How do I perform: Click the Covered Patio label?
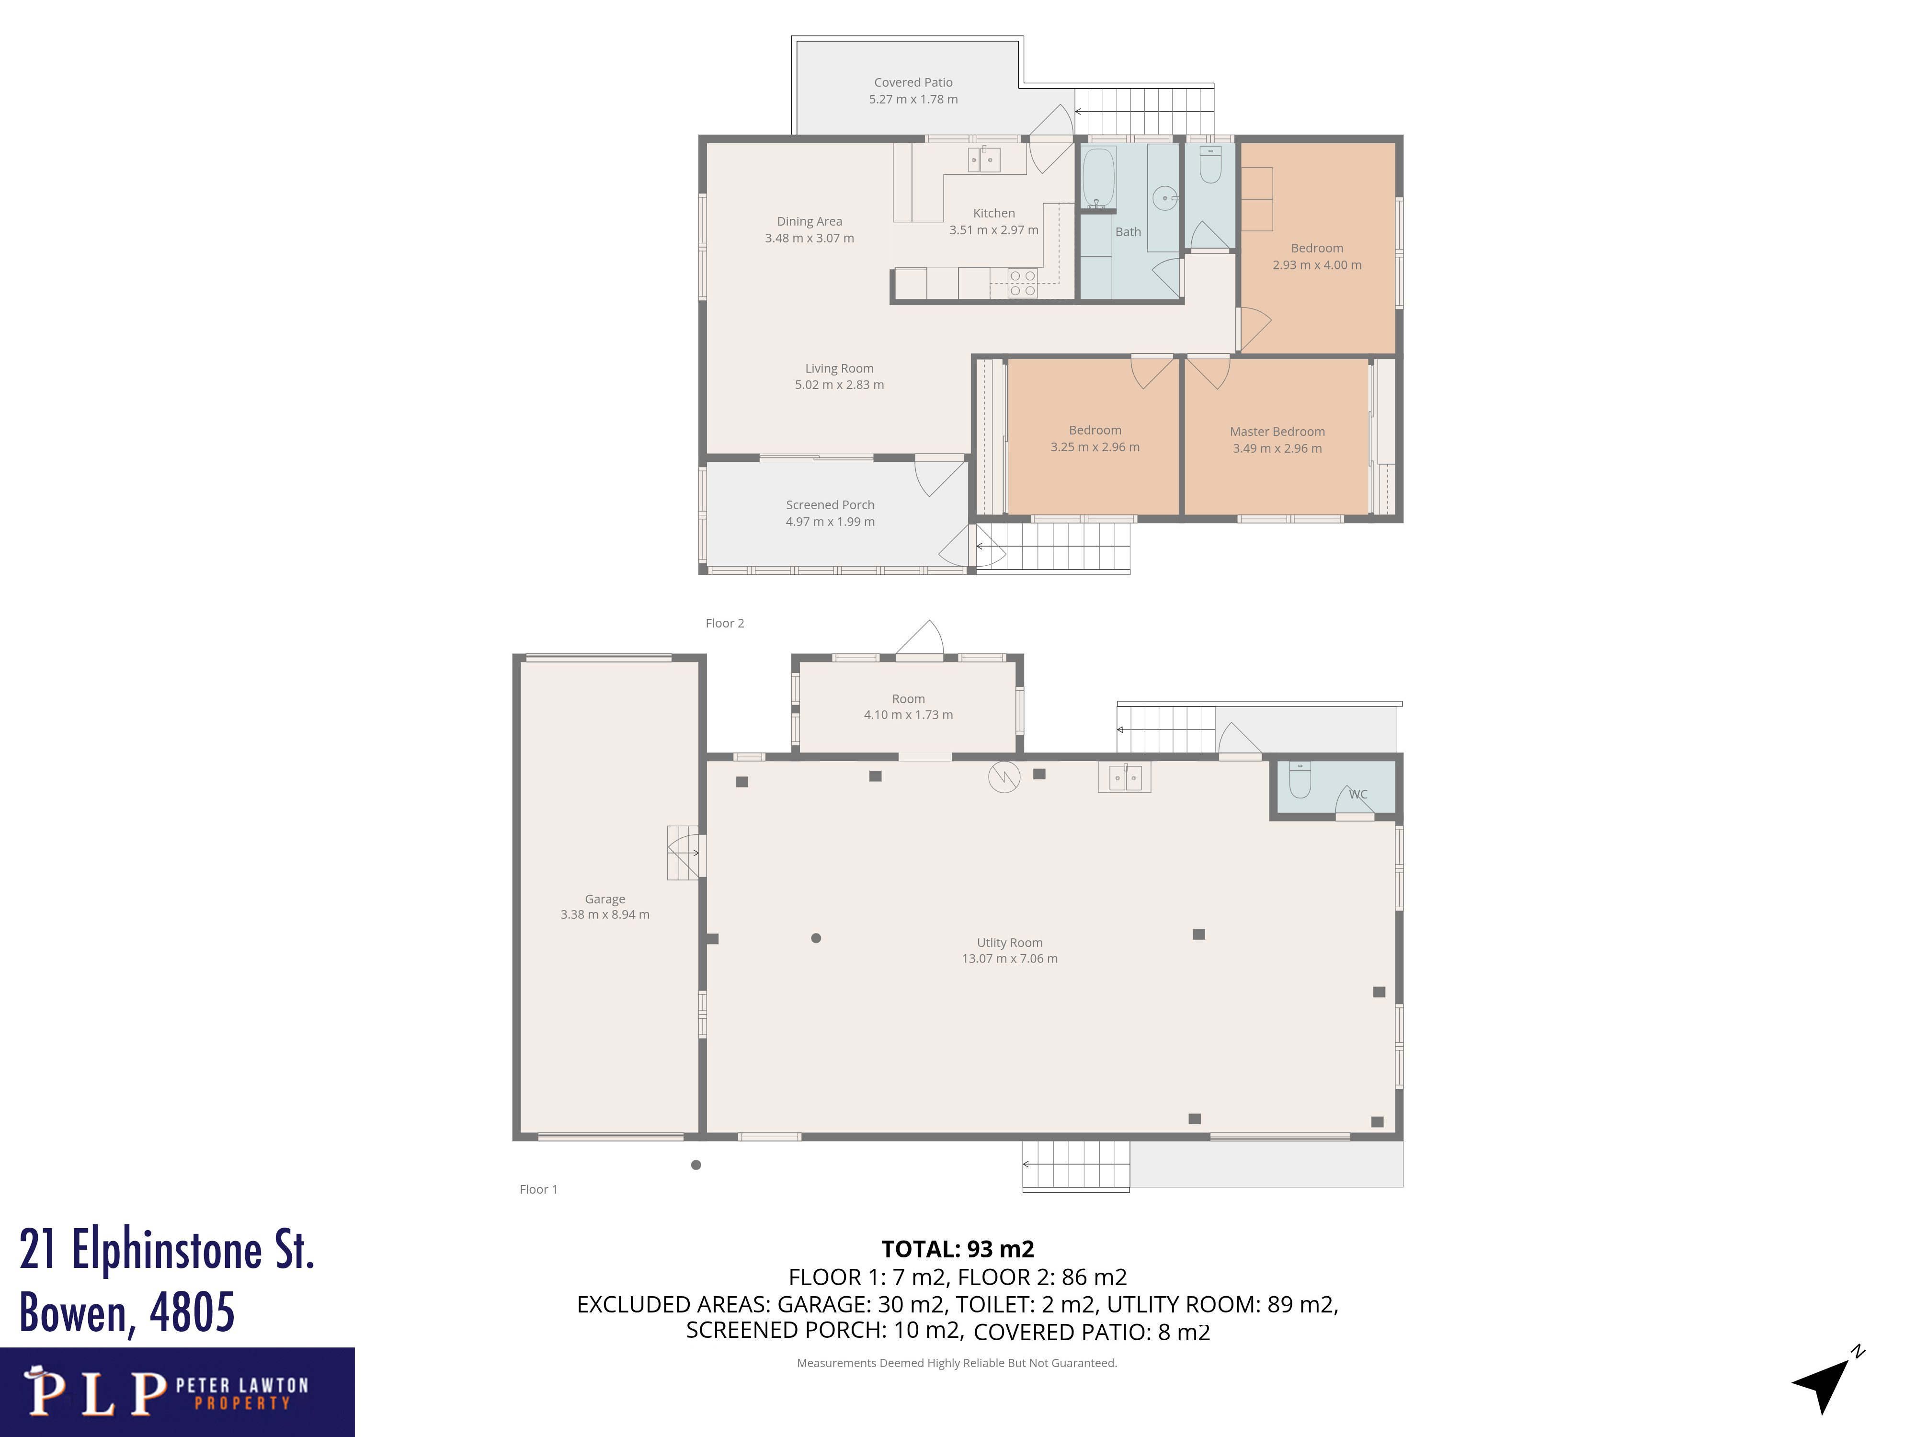[913, 82]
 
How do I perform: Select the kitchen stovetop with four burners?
[1022, 283]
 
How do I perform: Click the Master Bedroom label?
[1277, 432]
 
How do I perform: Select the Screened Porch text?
[830, 505]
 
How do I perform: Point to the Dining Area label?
[809, 222]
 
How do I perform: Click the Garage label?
[604, 899]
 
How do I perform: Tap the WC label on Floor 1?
[1357, 794]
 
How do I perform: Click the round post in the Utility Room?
[816, 938]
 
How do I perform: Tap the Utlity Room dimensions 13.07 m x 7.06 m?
[1009, 959]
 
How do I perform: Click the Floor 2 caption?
[724, 624]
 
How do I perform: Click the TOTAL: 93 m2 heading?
[957, 1249]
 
